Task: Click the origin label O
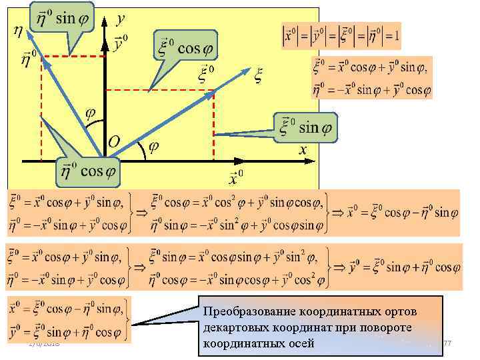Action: (114, 141)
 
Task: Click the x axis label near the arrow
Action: (303, 151)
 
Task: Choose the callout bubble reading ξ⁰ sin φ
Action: (305, 127)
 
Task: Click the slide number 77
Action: (447, 343)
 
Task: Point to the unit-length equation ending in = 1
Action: (341, 37)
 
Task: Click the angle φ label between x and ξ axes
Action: (153, 148)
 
